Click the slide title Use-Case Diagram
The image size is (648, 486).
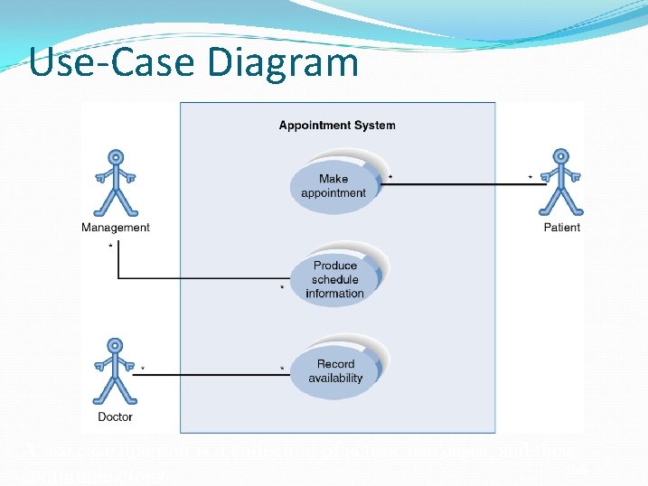click(x=193, y=62)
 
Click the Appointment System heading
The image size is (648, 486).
click(x=336, y=126)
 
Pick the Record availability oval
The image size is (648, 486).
click(x=335, y=371)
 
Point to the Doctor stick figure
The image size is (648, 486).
click(x=115, y=372)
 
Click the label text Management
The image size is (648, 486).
click(x=115, y=228)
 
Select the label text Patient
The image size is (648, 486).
click(x=561, y=228)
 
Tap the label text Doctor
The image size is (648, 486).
click(x=115, y=416)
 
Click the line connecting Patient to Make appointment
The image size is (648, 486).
click(x=461, y=184)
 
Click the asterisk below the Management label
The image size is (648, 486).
click(x=110, y=245)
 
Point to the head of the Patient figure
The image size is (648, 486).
click(x=561, y=155)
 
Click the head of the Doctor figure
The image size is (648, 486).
click(x=115, y=345)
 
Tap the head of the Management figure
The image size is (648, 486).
click(x=115, y=155)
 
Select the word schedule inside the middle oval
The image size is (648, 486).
click(x=334, y=279)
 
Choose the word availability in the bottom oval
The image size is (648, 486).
click(x=335, y=379)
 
